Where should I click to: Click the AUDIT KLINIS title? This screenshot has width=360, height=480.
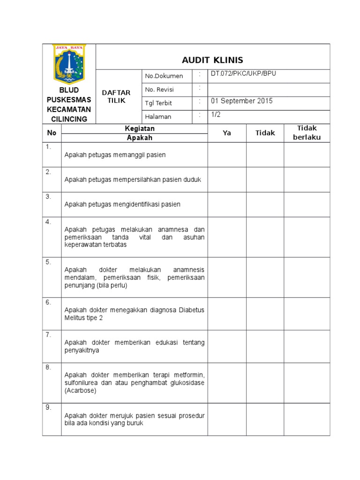(213, 60)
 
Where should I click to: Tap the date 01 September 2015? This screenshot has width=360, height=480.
(241, 101)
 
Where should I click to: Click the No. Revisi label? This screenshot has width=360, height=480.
(160, 90)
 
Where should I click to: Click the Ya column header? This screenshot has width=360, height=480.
(227, 133)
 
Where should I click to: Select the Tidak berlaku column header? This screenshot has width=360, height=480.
(307, 133)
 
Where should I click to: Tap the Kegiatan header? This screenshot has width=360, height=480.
(139, 128)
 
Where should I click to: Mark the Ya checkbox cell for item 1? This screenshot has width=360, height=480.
(227, 155)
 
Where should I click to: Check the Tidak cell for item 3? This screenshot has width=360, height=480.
(265, 204)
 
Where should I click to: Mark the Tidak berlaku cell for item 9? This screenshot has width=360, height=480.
(307, 419)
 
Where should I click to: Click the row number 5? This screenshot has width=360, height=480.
(48, 262)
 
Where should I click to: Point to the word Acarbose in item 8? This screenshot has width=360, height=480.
(80, 390)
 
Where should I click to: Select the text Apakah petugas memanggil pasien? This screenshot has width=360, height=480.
(115, 155)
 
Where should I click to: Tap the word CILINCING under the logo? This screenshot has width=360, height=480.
(69, 119)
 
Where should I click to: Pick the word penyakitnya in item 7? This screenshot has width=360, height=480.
(82, 350)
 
